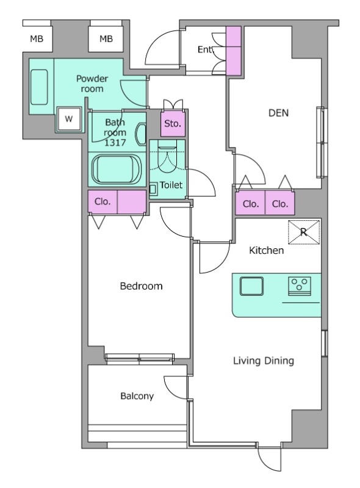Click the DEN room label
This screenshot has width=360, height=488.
[278, 113]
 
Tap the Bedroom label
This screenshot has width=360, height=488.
[141, 286]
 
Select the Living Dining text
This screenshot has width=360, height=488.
[264, 361]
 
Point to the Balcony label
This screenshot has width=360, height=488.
[137, 396]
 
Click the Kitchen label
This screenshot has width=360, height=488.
[266, 250]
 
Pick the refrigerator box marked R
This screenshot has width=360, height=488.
[304, 232]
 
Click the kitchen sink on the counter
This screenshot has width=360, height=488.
[251, 286]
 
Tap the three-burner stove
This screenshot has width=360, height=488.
[300, 285]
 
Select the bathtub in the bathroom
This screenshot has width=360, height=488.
[117, 170]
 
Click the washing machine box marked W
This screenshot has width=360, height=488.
[69, 119]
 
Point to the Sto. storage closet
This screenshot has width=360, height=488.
[173, 124]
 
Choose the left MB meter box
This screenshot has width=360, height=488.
[37, 38]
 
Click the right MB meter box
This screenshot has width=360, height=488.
[106, 38]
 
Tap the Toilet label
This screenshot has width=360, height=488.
[171, 185]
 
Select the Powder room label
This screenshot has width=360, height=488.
[92, 84]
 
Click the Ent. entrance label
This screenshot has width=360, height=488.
[204, 49]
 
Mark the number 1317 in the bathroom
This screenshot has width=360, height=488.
[115, 143]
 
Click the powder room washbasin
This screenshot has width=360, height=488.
[39, 87]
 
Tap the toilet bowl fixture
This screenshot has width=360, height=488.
[167, 159]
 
